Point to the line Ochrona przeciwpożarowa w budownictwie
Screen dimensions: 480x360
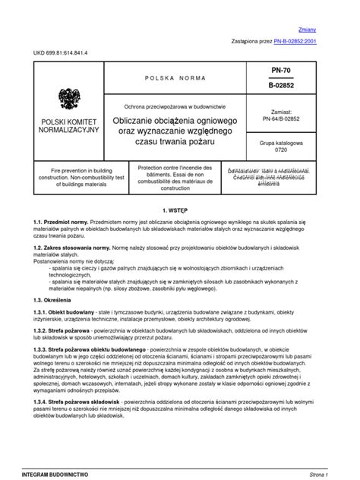click(175, 106)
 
